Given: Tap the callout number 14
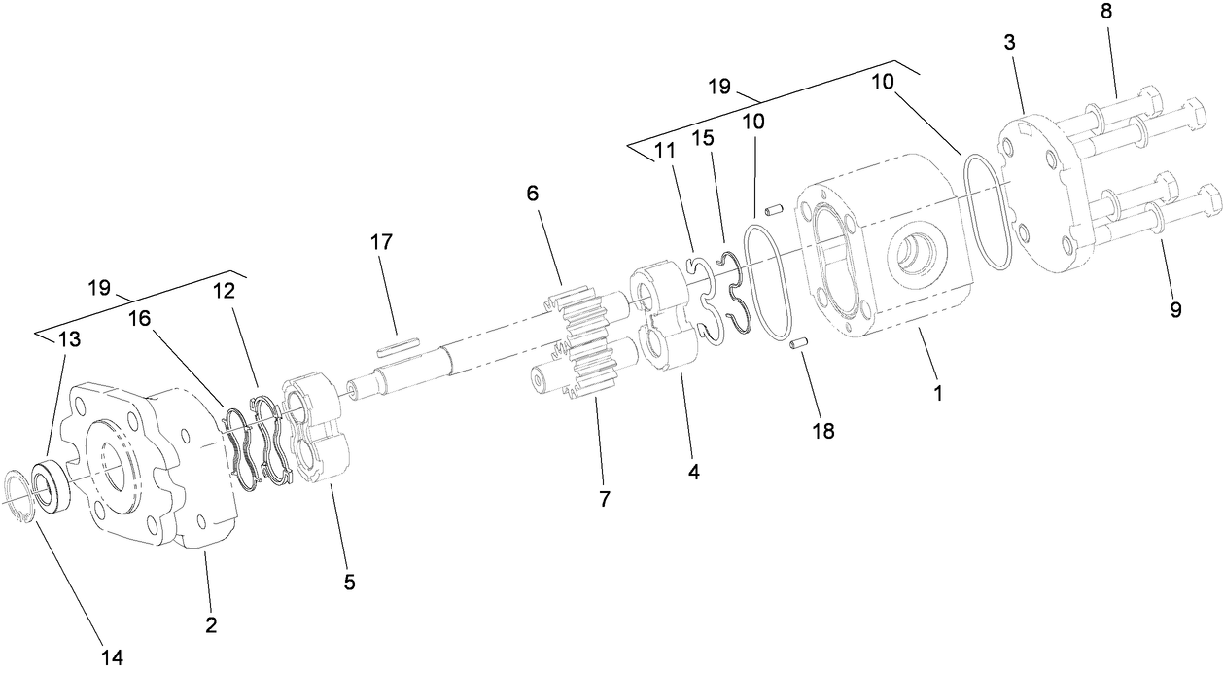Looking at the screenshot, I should point(112,658).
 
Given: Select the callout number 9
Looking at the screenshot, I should point(1175,310).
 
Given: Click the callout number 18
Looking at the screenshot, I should point(823,431).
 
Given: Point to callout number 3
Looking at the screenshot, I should point(1011,44).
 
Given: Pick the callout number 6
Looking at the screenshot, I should point(534,193).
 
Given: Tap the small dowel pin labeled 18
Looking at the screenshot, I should point(801,342).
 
